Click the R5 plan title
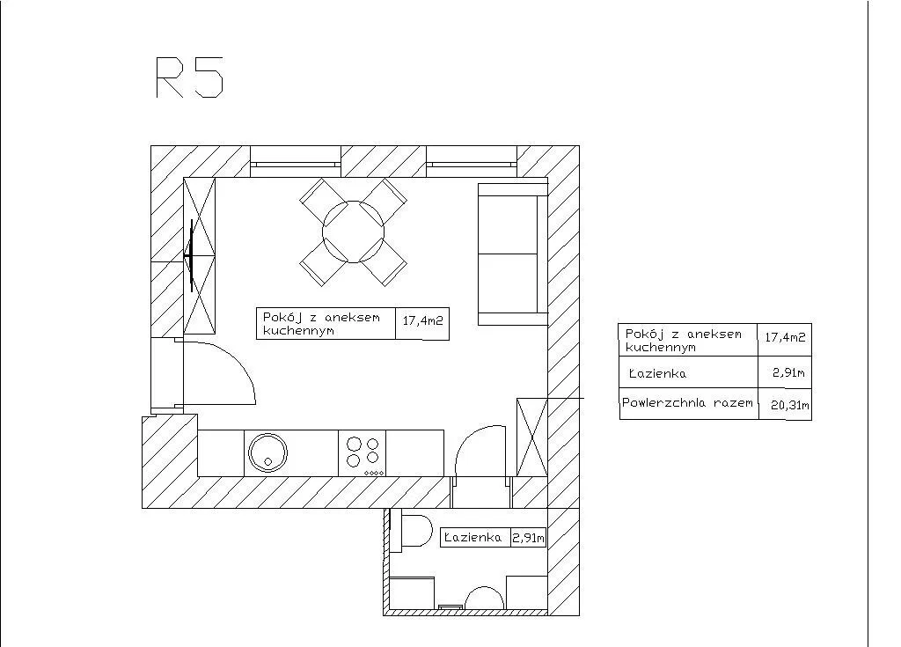pos(189,77)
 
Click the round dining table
pos(353,232)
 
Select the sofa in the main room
pos(508,254)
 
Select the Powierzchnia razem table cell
pos(688,403)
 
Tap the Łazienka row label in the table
pos(658,374)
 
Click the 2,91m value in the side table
pos(788,373)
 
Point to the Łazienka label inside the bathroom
pos(473,537)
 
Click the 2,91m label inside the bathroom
pos(528,537)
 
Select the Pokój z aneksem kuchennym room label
pos(322,323)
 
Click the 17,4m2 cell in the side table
pos(785,337)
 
